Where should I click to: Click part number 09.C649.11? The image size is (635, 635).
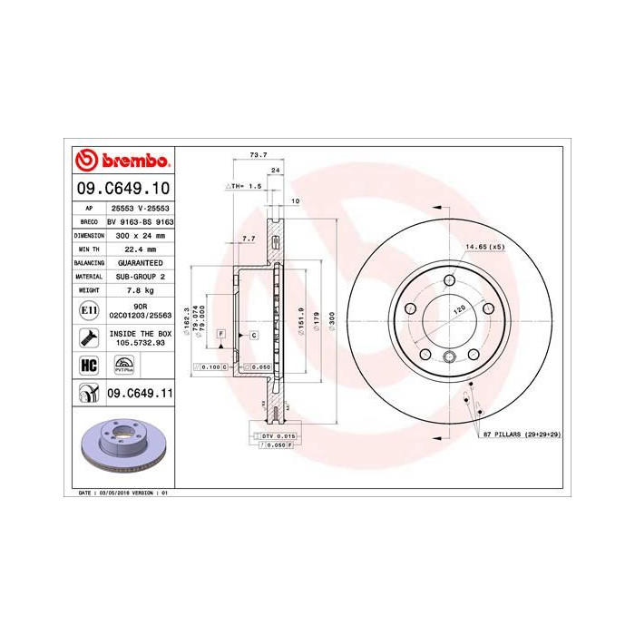(140, 393)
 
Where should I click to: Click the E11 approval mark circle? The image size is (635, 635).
(89, 310)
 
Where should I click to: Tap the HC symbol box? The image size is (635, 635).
(89, 366)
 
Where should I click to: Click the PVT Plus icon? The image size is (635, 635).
(123, 366)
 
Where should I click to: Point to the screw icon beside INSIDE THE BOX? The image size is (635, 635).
(89, 338)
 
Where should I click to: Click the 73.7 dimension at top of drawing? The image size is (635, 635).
(258, 155)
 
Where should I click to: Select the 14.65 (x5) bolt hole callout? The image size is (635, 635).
(484, 247)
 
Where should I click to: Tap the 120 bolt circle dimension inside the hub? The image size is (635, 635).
(458, 309)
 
